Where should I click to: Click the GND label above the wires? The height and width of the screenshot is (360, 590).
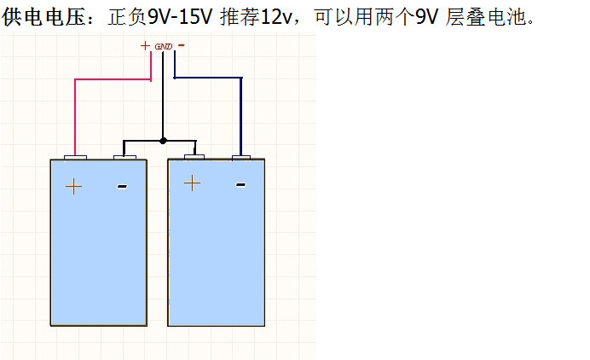point(165,45)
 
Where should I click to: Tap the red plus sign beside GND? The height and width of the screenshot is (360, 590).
point(145,44)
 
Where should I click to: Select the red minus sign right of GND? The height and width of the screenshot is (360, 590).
point(182,44)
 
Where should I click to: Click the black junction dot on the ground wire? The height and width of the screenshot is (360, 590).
point(164,140)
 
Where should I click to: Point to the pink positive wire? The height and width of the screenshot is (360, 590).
point(76,111)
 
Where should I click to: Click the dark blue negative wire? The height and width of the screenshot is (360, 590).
point(241,111)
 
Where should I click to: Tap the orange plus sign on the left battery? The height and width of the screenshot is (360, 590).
point(74,185)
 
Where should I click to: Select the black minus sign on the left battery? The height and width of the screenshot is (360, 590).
point(122,185)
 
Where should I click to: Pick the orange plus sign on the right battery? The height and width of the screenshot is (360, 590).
point(192,182)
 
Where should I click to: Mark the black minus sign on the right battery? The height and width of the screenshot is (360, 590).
point(240,183)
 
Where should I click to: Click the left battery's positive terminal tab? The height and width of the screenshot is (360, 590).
point(76,157)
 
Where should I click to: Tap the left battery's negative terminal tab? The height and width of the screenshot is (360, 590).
point(125,157)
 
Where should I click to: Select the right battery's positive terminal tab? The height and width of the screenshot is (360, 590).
point(194,157)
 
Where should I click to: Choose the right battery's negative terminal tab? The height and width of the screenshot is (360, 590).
point(241,157)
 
